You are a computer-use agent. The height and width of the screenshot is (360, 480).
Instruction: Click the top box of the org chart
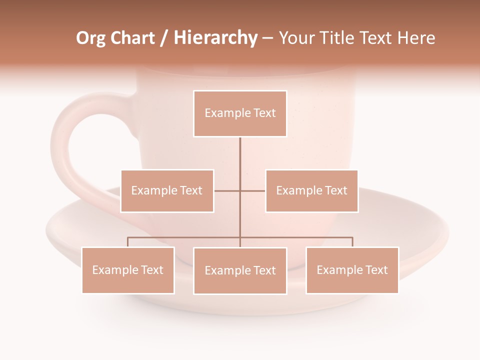pyautogui.click(x=240, y=113)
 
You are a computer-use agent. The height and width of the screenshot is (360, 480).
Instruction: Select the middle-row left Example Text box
pyautogui.click(x=167, y=190)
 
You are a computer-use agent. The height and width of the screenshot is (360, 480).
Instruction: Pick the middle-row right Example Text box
pyautogui.click(x=311, y=190)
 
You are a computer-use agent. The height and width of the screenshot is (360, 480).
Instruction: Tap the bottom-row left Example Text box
pyautogui.click(x=128, y=270)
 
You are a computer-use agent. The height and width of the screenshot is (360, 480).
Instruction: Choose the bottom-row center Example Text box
pyautogui.click(x=240, y=270)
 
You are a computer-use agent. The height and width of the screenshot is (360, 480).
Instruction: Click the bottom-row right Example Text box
pyautogui.click(x=352, y=270)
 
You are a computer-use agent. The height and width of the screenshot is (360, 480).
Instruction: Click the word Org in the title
pyautogui.click(x=90, y=38)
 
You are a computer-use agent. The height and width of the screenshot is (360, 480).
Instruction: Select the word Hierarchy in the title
pyautogui.click(x=215, y=38)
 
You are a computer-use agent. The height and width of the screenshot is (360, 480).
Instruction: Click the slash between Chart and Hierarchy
pyautogui.click(x=164, y=38)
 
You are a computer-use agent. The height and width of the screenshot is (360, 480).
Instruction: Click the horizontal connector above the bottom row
pyautogui.click(x=185, y=237)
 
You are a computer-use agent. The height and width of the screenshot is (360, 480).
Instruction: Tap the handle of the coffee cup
pyautogui.click(x=67, y=145)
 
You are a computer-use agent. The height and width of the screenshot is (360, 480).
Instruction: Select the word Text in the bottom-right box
pyautogui.click(x=376, y=270)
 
